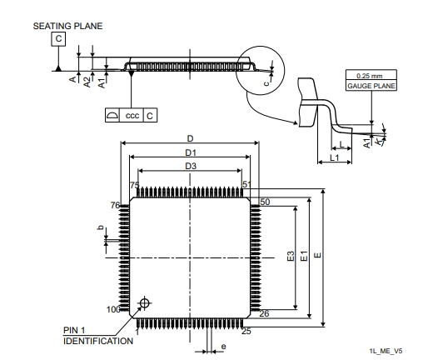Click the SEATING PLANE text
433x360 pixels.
click(67, 26)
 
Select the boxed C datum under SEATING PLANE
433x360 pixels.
click(58, 39)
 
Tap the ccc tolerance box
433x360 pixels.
click(132, 115)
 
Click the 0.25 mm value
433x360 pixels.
click(369, 76)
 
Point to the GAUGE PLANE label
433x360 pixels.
click(371, 86)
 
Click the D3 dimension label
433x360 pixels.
click(191, 166)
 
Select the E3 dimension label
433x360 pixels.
click(291, 256)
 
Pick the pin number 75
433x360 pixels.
click(135, 185)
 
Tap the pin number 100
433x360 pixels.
click(113, 309)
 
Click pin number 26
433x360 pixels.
click(264, 313)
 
